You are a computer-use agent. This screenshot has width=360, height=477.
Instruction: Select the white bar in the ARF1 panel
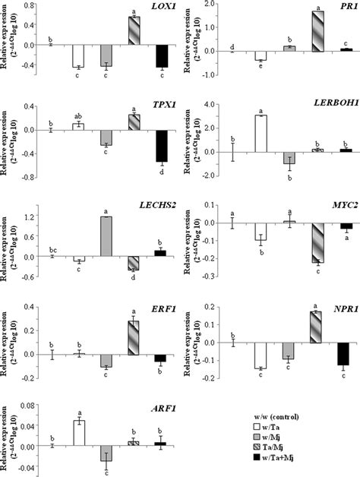pos(79,433)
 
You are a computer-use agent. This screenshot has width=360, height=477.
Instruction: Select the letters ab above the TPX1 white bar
pos(78,115)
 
